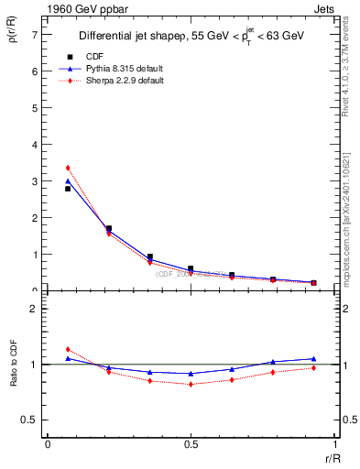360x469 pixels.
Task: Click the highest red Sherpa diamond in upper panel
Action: click(x=67, y=168)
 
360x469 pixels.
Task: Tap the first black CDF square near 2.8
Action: click(x=67, y=189)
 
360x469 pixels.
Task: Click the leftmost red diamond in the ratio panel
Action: click(x=67, y=349)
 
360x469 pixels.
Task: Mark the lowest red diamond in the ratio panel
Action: click(x=191, y=384)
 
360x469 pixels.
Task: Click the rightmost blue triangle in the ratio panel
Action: click(x=313, y=359)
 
